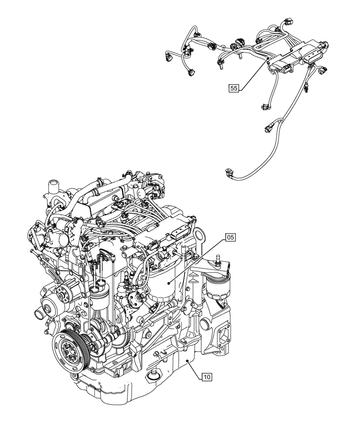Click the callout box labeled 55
coord(235,88)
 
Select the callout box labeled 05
coord(231,238)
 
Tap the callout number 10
coord(207,377)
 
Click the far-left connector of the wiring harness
coord(169,55)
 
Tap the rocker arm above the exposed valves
coord(102,254)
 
